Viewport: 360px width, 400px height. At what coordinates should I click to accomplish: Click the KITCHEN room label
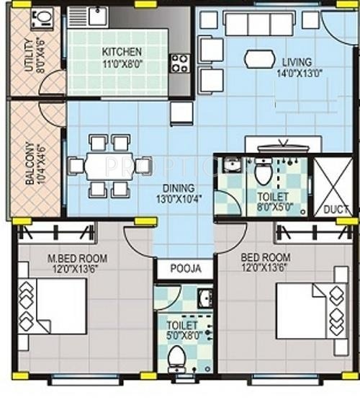[121, 52]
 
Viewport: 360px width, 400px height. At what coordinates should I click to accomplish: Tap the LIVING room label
[297, 61]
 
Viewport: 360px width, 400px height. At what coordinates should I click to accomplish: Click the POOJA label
[185, 269]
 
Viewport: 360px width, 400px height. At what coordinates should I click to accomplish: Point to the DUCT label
[336, 210]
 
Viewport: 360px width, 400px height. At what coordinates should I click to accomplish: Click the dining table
[109, 166]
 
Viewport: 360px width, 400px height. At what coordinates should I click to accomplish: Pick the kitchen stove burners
[179, 63]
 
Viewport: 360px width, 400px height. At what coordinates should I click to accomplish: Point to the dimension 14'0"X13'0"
[297, 73]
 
